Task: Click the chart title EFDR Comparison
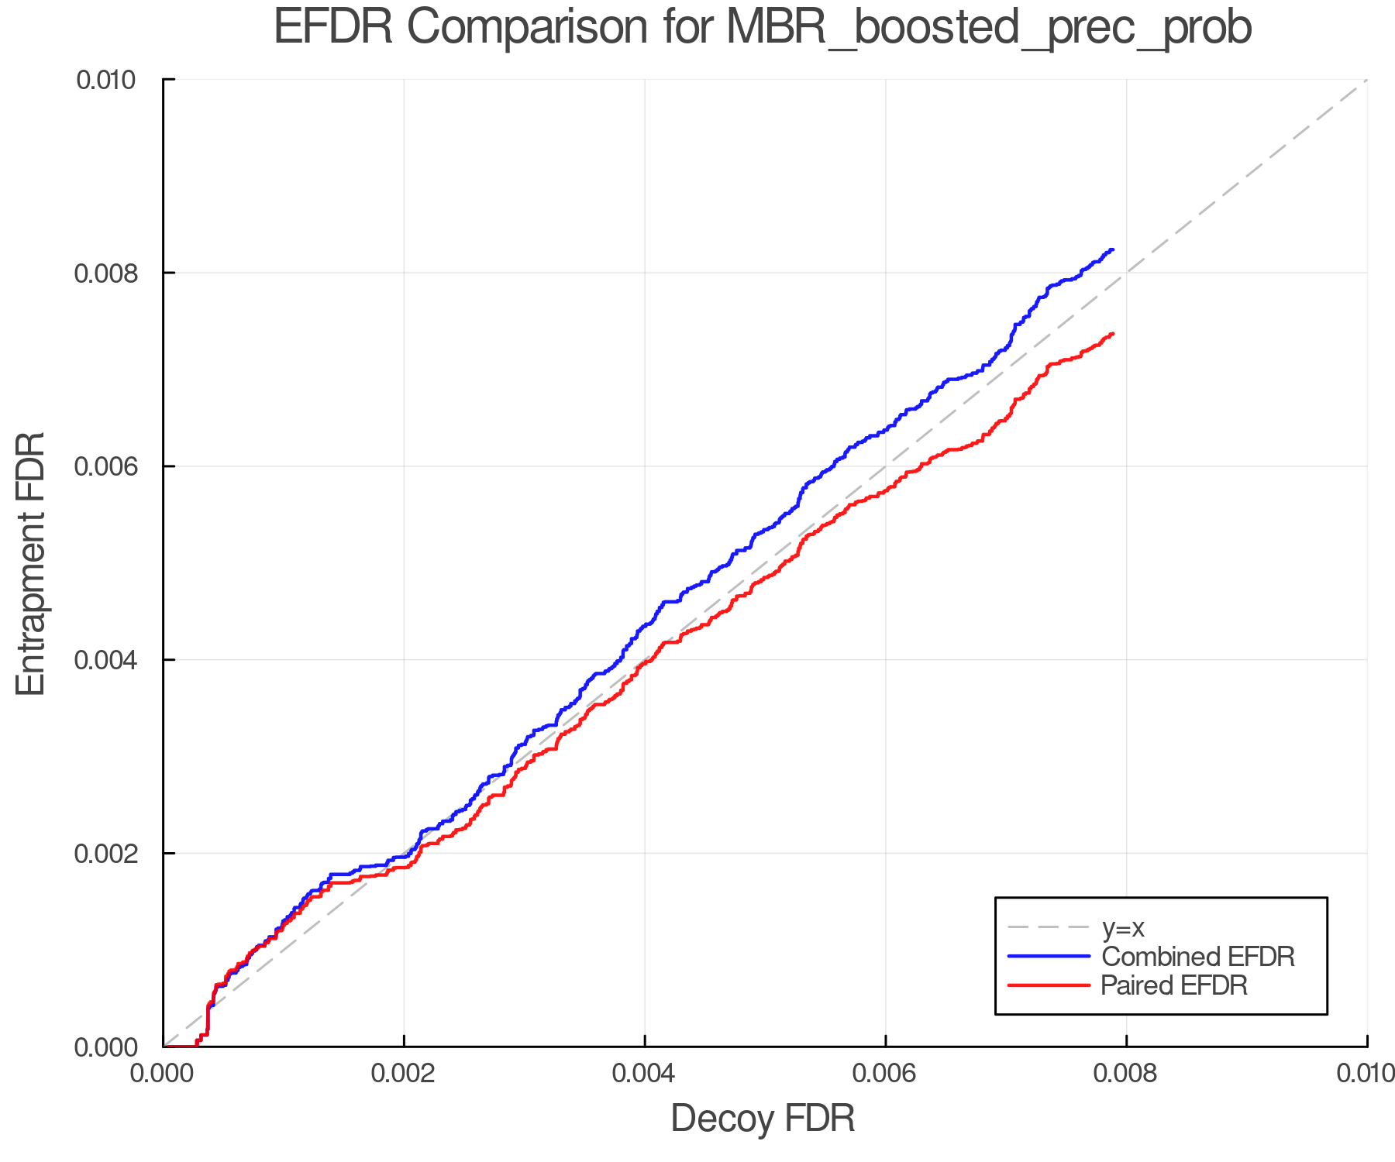click(763, 28)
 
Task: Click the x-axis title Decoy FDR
click(763, 1119)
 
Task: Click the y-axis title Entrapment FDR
click(31, 563)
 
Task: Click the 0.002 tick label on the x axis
click(404, 1073)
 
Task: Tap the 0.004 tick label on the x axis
click(645, 1073)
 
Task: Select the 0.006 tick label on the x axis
click(886, 1073)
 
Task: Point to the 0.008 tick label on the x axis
click(1126, 1073)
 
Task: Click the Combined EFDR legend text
click(1197, 957)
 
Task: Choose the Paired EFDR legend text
click(1174, 985)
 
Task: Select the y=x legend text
click(1123, 927)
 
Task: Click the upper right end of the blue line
click(1113, 249)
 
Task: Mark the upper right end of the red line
click(1113, 334)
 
